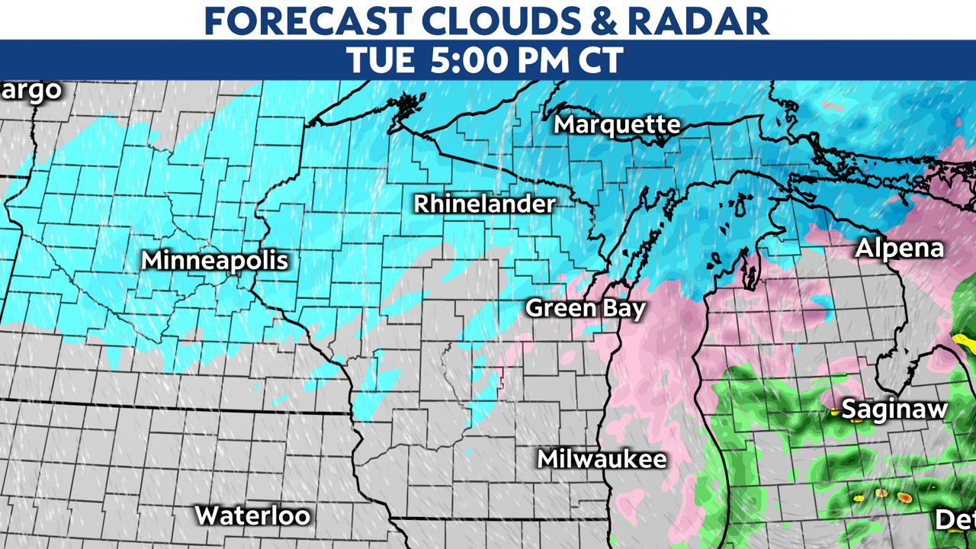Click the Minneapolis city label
click(215, 261)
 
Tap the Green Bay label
click(586, 308)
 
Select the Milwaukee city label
click(602, 459)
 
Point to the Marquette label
click(617, 124)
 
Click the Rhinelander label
click(484, 204)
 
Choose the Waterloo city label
click(252, 515)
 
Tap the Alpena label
click(899, 248)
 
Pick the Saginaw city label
click(894, 409)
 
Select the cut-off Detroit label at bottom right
click(956, 520)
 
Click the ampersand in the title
click(605, 21)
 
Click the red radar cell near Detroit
click(904, 498)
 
